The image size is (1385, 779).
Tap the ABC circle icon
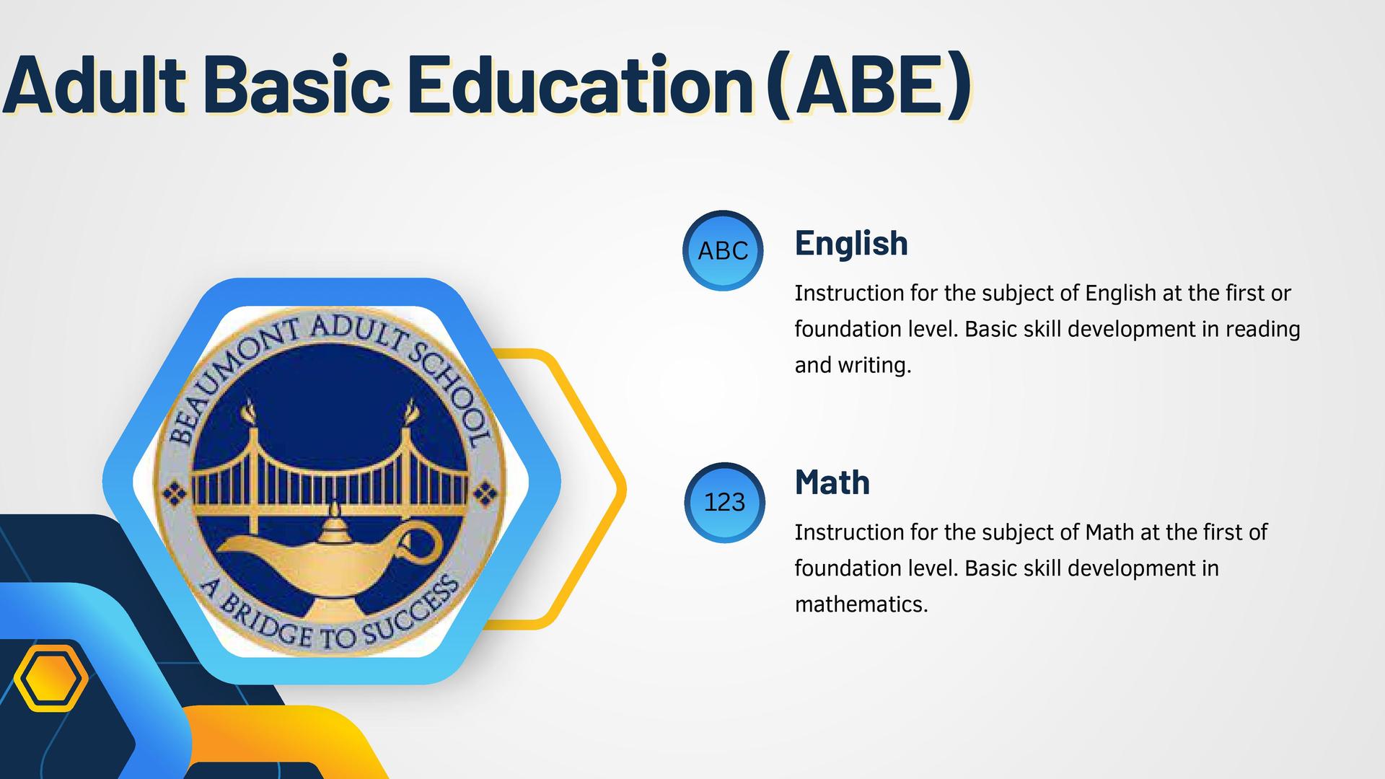[723, 251]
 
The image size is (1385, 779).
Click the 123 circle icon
[724, 502]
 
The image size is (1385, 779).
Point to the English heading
[851, 243]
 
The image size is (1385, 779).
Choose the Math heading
[832, 482]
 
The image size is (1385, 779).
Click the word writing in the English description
[874, 365]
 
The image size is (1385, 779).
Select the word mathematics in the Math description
[860, 604]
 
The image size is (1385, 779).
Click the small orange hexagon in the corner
[50, 678]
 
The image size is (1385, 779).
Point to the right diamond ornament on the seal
[485, 494]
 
